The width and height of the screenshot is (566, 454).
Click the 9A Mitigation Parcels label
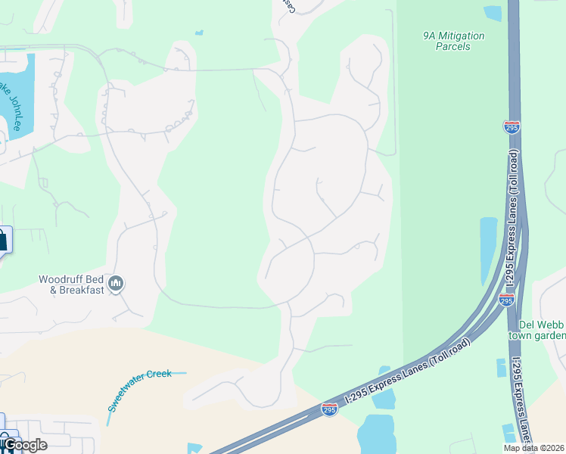tap(453, 41)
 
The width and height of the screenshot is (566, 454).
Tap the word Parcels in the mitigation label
tap(453, 47)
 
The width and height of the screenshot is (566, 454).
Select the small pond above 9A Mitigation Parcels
tap(493, 13)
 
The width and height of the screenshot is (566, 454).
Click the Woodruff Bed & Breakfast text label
tap(71, 285)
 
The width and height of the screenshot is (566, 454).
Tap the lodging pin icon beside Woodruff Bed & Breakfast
tap(117, 284)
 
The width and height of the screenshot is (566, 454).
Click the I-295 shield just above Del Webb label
tap(506, 300)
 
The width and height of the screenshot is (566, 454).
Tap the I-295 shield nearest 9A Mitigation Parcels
tap(512, 127)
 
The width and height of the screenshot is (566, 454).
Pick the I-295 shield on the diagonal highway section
tap(328, 409)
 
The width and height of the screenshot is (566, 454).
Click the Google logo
tap(23, 445)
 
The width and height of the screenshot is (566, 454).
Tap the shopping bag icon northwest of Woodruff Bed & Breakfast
tap(2, 241)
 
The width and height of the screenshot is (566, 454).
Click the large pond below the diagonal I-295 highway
tap(376, 434)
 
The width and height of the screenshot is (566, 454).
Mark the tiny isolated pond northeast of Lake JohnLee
tap(198, 33)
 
